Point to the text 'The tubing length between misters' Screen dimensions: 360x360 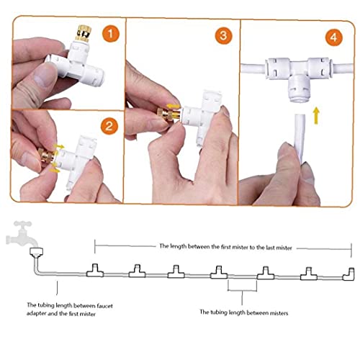[x=243, y=312]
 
